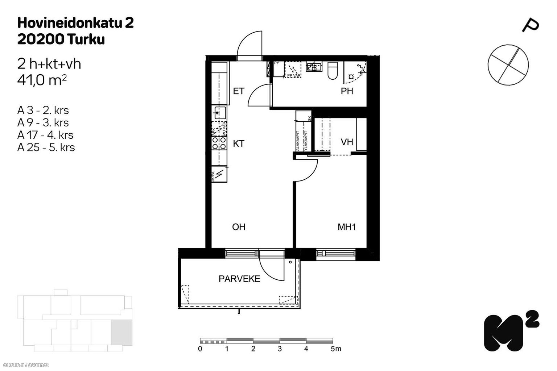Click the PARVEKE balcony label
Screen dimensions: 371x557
click(x=239, y=279)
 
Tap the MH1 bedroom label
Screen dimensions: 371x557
click(x=347, y=227)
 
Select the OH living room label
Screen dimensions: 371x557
click(x=239, y=227)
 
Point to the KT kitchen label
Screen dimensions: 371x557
click(x=238, y=144)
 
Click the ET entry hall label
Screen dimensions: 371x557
click(x=238, y=91)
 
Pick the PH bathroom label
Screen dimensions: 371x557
click(x=347, y=91)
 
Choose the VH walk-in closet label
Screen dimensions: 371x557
click(x=347, y=142)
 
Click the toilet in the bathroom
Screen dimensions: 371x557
click(x=333, y=70)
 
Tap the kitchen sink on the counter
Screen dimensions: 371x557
click(x=220, y=113)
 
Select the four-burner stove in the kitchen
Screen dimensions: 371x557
click(x=219, y=143)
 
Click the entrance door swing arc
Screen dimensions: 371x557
click(x=249, y=45)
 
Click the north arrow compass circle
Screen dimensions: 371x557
click(x=508, y=65)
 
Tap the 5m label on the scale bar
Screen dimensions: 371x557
click(x=336, y=349)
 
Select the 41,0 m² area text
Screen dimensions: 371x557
click(x=42, y=80)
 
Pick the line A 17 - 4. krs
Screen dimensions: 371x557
click(x=45, y=135)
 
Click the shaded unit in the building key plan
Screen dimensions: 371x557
click(x=121, y=332)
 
